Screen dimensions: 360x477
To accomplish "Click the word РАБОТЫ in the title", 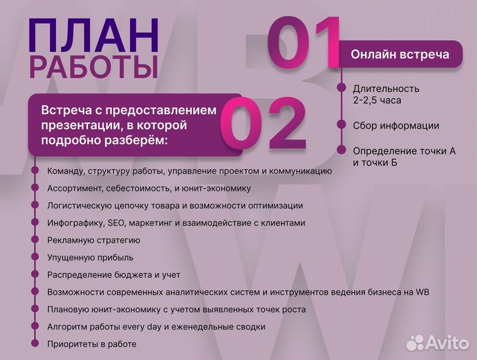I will (x=93, y=68).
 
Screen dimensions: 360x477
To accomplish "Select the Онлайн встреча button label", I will (x=400, y=54).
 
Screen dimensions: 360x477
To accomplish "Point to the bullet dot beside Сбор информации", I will (x=342, y=125).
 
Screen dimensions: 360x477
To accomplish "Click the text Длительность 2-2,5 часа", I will (x=386, y=94).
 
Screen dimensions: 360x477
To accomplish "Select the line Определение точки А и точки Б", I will (x=404, y=157).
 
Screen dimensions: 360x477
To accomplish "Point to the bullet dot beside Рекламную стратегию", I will (x=33, y=240).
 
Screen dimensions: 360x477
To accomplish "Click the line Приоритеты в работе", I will (x=92, y=344).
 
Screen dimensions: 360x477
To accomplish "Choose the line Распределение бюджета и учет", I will (x=114, y=275).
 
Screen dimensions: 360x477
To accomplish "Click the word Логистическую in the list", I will (x=78, y=205).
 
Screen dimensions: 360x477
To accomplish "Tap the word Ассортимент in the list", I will (x=72, y=188).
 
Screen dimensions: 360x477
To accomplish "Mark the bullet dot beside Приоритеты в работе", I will (x=33, y=344).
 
